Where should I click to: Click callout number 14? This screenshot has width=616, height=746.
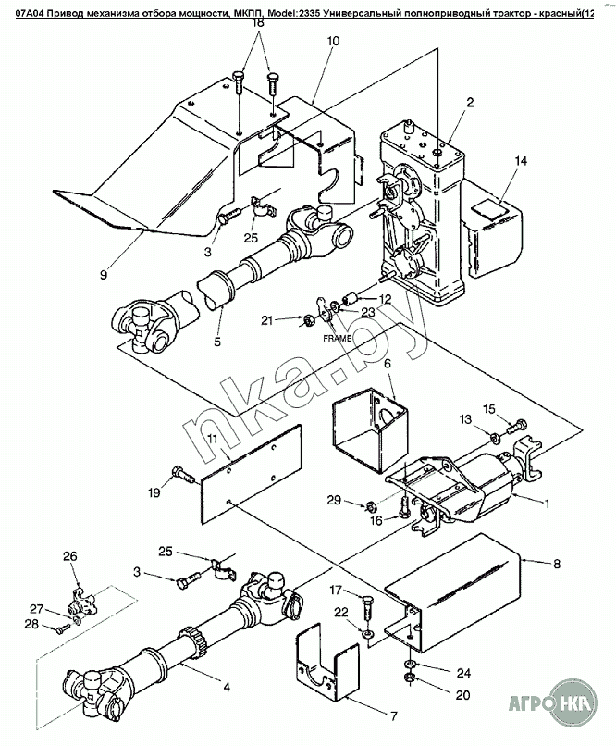tap(521, 161)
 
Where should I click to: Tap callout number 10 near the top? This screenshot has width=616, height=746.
tap(333, 41)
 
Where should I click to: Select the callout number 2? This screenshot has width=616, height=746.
tap(470, 103)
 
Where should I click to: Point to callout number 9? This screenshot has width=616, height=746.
tap(105, 275)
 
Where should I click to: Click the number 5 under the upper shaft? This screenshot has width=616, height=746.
tap(217, 342)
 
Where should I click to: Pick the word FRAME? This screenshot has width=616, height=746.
tap(338, 338)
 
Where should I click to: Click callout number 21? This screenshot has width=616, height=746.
tap(267, 320)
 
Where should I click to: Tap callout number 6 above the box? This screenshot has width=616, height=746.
tap(387, 364)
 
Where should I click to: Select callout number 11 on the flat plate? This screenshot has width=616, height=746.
tap(213, 440)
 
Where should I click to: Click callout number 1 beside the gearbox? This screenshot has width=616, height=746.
tap(547, 503)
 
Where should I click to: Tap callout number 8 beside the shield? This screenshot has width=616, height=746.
tap(556, 565)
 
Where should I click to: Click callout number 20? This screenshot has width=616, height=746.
tap(462, 695)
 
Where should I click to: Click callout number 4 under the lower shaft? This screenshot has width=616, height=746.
tap(227, 687)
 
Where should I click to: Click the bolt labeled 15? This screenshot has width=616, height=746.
tap(516, 425)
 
